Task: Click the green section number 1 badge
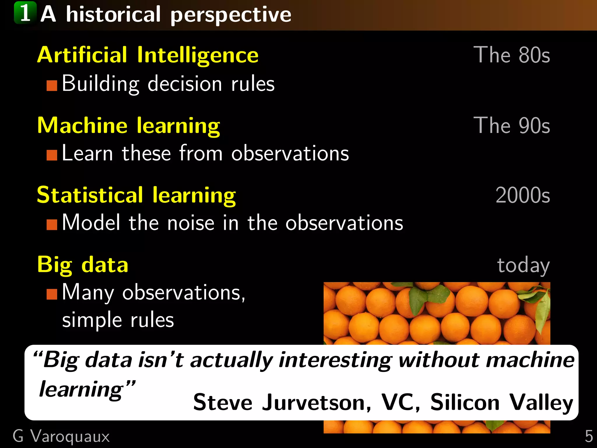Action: (x=25, y=13)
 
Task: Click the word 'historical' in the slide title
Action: (x=113, y=15)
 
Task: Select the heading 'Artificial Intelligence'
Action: (x=148, y=55)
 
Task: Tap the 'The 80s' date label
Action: (x=512, y=55)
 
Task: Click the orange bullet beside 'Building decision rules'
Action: (x=52, y=86)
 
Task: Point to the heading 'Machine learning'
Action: (x=129, y=125)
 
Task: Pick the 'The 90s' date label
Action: (x=512, y=125)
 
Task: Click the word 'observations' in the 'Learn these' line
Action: (x=290, y=153)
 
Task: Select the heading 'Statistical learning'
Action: (x=136, y=195)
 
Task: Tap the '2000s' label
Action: (x=523, y=195)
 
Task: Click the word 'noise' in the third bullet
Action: (x=191, y=223)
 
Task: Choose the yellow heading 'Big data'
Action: (x=83, y=265)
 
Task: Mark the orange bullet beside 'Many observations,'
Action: (x=52, y=294)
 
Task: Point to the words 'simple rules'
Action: (x=118, y=320)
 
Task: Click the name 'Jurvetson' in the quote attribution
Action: (x=317, y=402)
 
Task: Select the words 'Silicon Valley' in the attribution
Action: (x=502, y=402)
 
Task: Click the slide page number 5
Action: (x=589, y=437)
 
